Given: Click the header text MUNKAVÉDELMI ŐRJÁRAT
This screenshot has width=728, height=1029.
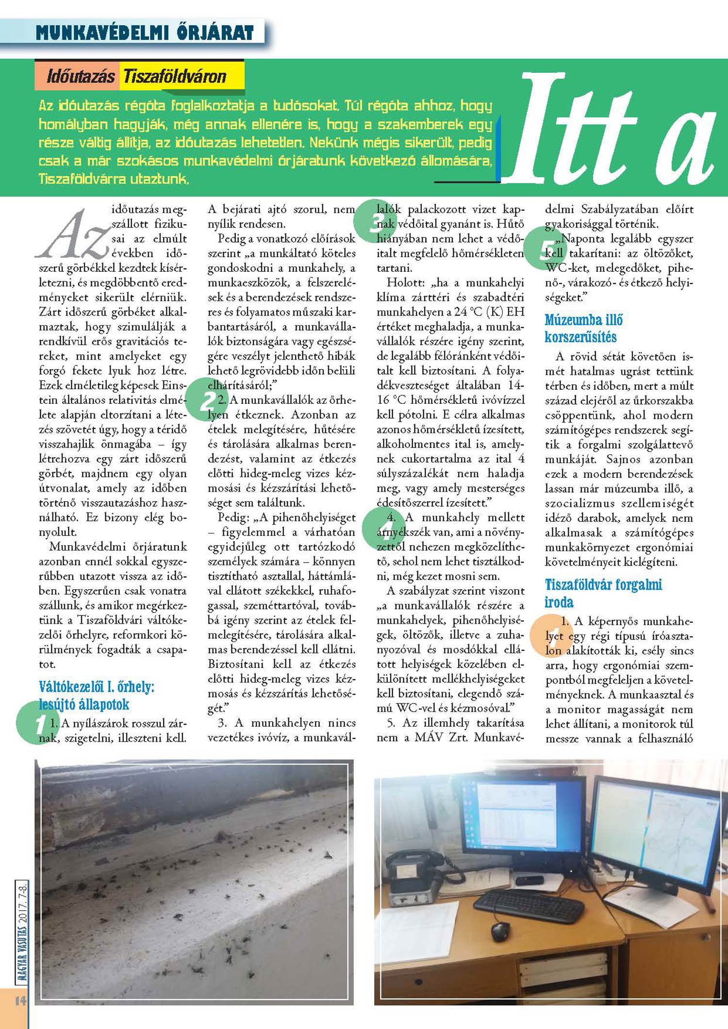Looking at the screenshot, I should pyautogui.click(x=145, y=33).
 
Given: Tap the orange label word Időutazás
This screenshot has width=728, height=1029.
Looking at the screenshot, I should pyautogui.click(x=81, y=76).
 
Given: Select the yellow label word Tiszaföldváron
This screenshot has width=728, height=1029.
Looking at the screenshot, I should pyautogui.click(x=175, y=76).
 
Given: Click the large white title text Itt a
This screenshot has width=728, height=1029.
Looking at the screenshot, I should pyautogui.click(x=609, y=131).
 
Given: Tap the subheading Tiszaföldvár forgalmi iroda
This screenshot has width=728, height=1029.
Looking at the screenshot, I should pyautogui.click(x=603, y=593).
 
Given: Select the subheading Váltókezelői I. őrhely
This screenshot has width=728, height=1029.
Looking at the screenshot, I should pyautogui.click(x=96, y=695).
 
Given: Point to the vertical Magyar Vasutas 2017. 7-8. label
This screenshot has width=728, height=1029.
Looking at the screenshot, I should pyautogui.click(x=22, y=932).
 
